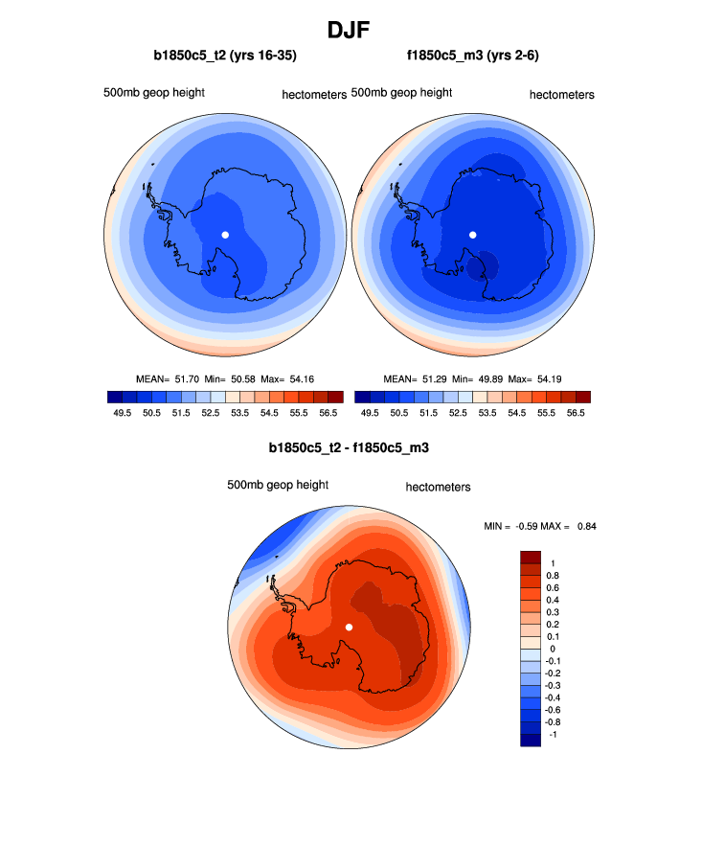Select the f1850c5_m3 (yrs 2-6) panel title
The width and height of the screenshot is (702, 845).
click(x=472, y=57)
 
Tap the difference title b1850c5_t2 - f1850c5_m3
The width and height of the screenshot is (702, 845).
click(x=350, y=447)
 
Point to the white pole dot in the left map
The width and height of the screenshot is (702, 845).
click(x=225, y=235)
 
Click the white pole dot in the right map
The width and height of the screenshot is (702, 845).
click(x=472, y=235)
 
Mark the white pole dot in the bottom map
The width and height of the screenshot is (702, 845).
click(x=349, y=627)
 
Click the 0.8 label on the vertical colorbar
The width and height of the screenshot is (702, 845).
click(x=553, y=575)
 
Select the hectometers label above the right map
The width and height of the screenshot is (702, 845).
click(x=562, y=95)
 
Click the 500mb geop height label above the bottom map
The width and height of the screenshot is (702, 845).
click(x=278, y=485)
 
